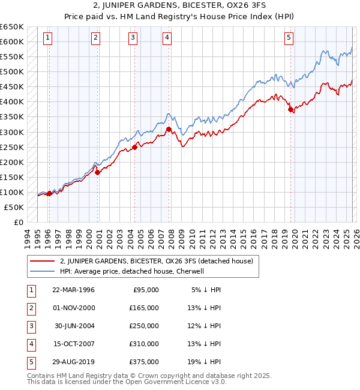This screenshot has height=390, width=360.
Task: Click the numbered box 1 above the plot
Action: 47,38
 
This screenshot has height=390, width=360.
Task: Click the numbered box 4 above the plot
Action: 167,38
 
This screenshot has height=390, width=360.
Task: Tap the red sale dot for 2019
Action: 290,110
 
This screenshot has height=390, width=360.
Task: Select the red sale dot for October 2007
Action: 169,129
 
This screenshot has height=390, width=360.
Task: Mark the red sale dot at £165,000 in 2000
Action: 97,173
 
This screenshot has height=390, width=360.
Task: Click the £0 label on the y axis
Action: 17,223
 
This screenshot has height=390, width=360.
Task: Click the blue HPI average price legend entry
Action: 132,271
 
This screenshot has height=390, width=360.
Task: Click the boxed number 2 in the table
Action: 30,308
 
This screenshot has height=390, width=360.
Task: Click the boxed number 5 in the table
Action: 30,362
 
